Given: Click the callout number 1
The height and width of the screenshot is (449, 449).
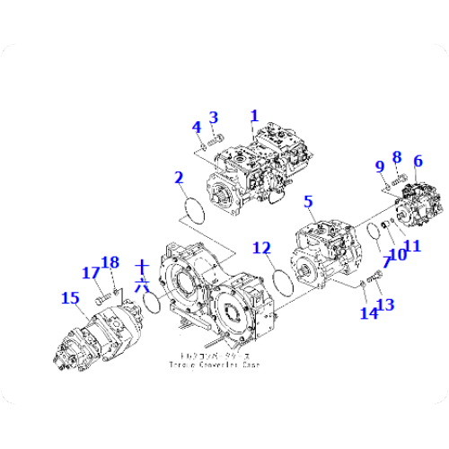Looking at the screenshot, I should [254, 116].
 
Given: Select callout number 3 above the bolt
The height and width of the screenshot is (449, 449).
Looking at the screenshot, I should [214, 117].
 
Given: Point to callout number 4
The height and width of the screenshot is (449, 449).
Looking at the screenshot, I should [196, 127].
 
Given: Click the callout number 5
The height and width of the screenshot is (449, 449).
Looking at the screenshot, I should [308, 203].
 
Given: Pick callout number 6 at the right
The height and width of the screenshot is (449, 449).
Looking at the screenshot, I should [418, 162].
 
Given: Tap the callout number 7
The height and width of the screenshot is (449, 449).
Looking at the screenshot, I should [387, 262].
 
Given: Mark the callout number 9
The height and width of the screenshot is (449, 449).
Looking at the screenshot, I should [380, 165].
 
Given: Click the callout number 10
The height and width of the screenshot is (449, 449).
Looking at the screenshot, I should [396, 254].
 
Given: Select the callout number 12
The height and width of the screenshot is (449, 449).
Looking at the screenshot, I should [260, 247].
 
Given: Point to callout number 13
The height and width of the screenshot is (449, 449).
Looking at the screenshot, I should [386, 305].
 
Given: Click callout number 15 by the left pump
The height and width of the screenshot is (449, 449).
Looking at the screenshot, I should [69, 297].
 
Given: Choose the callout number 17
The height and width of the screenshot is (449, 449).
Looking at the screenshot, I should [91, 272].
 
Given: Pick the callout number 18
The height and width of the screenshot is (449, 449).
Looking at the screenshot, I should [110, 262].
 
